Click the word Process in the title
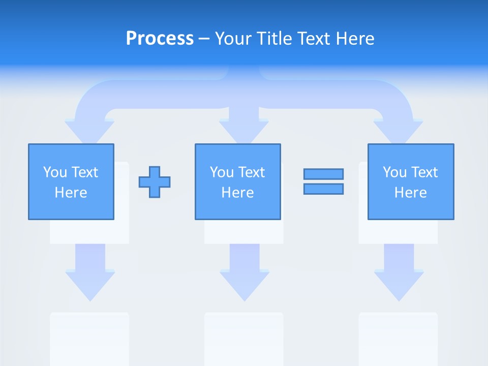[160, 39]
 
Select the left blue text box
[71, 181]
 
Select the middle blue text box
[237, 181]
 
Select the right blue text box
[410, 181]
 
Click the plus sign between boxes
[155, 181]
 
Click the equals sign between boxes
[323, 181]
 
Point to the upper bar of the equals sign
[323, 174]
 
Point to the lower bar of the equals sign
[323, 189]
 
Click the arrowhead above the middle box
[244, 131]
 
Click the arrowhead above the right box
[399, 131]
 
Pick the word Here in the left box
[71, 193]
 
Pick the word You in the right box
[394, 172]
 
